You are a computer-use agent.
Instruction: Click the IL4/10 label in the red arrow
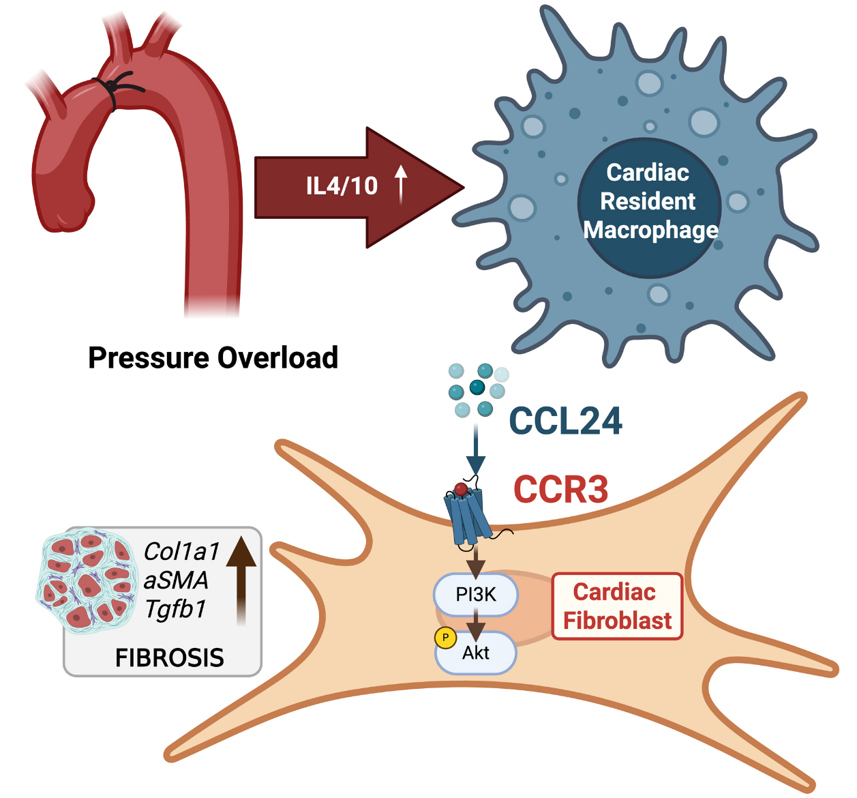(342, 186)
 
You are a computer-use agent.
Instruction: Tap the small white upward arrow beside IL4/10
(401, 184)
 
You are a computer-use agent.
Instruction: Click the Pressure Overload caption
(213, 358)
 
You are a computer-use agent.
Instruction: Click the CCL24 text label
(565, 421)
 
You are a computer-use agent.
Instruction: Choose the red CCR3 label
(560, 489)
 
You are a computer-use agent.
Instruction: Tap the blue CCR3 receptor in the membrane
(468, 515)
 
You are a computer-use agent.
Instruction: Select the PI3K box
(476, 595)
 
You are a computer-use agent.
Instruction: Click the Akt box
(476, 653)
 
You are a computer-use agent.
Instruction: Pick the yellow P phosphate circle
(445, 638)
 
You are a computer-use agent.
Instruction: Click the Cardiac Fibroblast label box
(617, 606)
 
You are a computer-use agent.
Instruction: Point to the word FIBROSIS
(169, 657)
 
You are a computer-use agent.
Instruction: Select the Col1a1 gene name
(181, 551)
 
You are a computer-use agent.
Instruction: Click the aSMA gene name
(176, 580)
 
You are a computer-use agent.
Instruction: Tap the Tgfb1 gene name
(175, 609)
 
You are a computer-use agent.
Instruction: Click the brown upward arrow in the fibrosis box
(241, 580)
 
